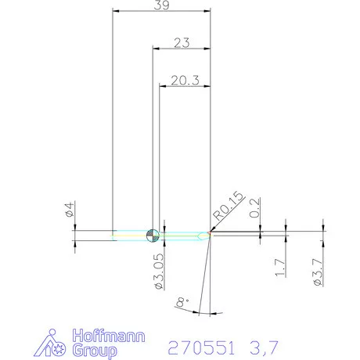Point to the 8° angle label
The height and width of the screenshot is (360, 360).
point(182,301)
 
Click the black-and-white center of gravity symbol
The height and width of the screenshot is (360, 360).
point(153,234)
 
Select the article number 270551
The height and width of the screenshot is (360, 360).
point(204,345)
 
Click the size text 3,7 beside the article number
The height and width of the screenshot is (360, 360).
point(265,345)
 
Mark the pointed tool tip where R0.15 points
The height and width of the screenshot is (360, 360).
point(210,233)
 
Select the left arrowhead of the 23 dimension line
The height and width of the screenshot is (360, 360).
point(154,49)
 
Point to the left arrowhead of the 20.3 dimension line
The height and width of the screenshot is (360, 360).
point(163,85)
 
